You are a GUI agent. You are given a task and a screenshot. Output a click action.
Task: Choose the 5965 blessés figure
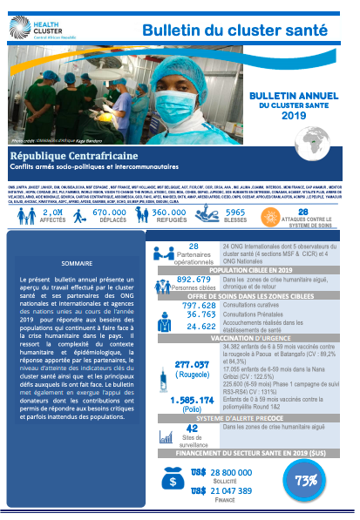pyautogui.click(x=235, y=213)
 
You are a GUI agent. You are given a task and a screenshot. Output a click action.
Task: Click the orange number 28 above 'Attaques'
pyautogui.click(x=302, y=211)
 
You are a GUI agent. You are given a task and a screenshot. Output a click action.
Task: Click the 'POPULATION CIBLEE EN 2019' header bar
pyautogui.click(x=249, y=271)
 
